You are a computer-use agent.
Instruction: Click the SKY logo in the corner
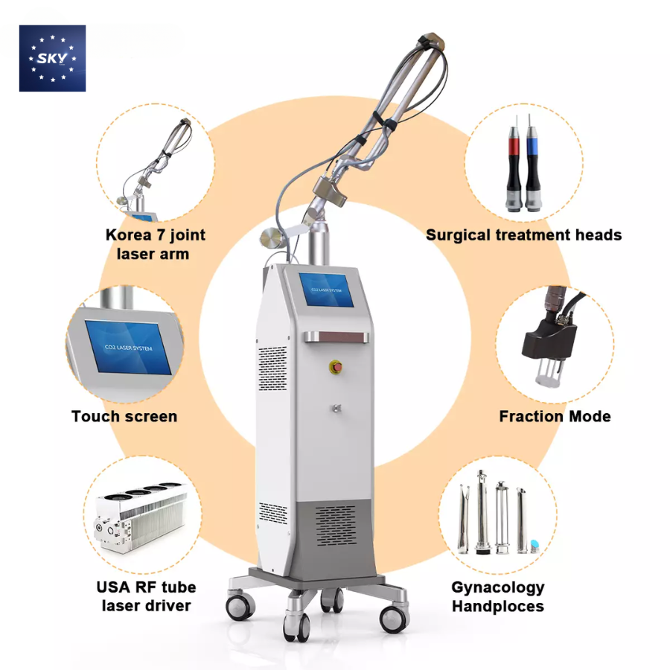(52, 58)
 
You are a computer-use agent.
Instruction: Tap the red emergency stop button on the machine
(336, 366)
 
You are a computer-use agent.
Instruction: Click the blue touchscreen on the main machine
(327, 290)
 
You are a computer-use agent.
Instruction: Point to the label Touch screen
(124, 416)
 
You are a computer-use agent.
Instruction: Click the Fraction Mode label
(555, 416)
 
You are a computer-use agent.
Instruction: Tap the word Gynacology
(498, 588)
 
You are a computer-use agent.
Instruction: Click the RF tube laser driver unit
(141, 517)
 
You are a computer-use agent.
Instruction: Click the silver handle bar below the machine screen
(336, 337)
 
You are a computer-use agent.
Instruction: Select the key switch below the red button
(336, 408)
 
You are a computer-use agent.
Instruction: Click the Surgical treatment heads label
(524, 235)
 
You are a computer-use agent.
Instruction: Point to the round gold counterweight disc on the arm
(270, 238)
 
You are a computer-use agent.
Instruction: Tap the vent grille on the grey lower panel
(336, 526)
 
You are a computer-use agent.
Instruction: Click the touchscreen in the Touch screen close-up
(128, 347)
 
